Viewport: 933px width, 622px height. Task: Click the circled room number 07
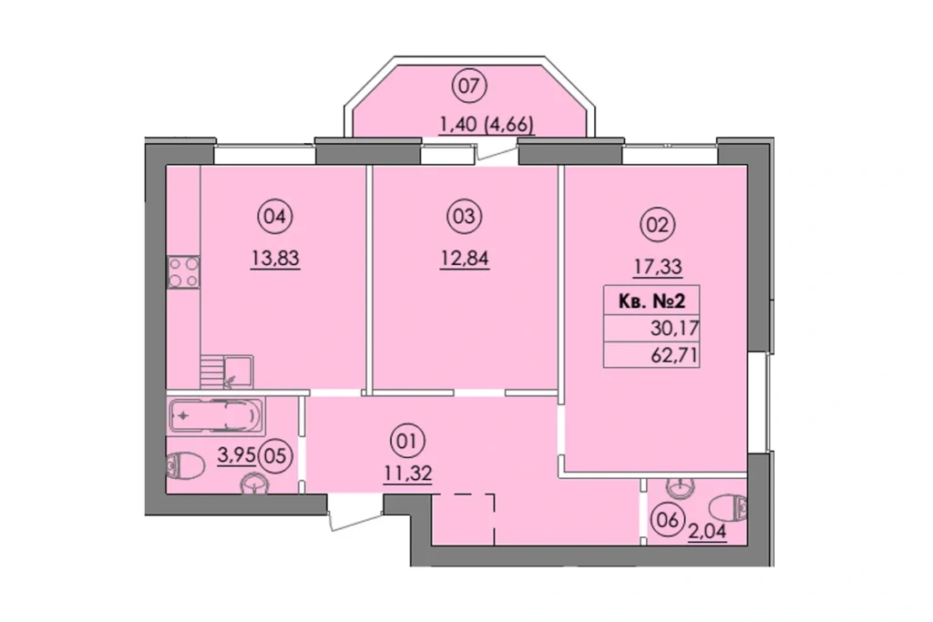[469, 87]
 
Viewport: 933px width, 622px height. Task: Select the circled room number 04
[275, 217]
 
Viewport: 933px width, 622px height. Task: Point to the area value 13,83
[275, 259]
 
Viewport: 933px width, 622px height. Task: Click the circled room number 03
[465, 217]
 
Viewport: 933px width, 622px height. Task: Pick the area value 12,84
[465, 259]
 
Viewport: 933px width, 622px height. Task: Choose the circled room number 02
[657, 225]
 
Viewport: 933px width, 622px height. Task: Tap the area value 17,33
[658, 267]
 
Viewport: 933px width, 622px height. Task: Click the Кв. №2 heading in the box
[651, 301]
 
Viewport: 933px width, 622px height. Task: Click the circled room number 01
[407, 441]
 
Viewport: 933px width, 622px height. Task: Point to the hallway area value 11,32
[407, 474]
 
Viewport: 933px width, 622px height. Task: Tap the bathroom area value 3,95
[236, 455]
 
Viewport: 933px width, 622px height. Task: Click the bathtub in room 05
[215, 415]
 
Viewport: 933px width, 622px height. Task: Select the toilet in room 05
[185, 466]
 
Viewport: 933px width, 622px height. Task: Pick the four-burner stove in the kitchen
[183, 272]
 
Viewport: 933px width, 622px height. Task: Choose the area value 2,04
[707, 532]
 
